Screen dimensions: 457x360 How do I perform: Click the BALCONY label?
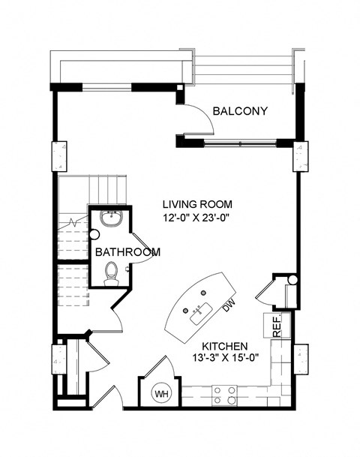tap(240, 112)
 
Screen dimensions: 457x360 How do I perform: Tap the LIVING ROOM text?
tap(198, 203)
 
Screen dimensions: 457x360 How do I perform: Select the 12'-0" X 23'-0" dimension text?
tap(198, 218)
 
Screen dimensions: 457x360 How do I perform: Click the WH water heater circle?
tap(161, 392)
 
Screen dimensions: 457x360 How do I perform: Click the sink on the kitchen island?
tap(200, 312)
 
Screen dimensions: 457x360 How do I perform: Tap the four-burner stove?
tap(223, 393)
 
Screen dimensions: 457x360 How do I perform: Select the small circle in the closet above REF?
tap(292, 281)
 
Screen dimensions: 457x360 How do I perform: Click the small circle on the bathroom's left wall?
tap(94, 234)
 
